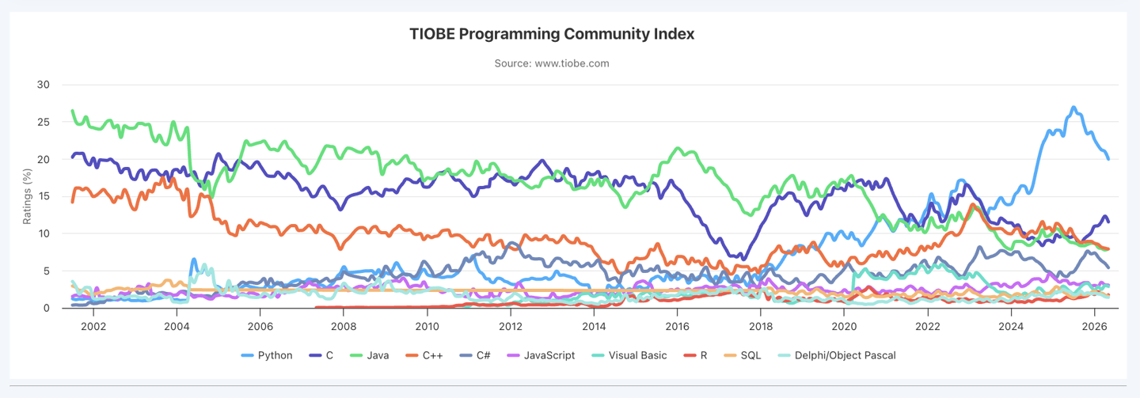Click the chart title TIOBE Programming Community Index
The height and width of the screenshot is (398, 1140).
[552, 34]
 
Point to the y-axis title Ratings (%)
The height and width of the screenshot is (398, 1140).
[27, 196]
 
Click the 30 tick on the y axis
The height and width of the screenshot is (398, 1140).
[44, 85]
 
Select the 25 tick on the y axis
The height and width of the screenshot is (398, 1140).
[44, 122]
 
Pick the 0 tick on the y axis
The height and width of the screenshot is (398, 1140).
[46, 308]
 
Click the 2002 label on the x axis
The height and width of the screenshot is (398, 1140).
[93, 326]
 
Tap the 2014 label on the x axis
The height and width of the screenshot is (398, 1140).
[594, 326]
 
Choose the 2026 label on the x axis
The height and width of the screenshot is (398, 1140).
[1095, 326]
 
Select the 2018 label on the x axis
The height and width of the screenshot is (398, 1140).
[761, 326]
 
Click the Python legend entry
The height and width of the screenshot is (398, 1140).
[267, 355]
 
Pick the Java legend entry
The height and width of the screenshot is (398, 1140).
[370, 355]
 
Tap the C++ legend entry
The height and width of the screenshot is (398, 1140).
[424, 355]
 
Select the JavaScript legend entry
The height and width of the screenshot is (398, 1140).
[541, 355]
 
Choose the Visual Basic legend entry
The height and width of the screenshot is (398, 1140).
[629, 355]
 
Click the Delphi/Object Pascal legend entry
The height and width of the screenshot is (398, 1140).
[838, 355]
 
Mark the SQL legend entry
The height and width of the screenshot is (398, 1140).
[743, 355]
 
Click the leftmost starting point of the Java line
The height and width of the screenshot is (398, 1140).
[72, 111]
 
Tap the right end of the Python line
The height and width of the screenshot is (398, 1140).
[1108, 159]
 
